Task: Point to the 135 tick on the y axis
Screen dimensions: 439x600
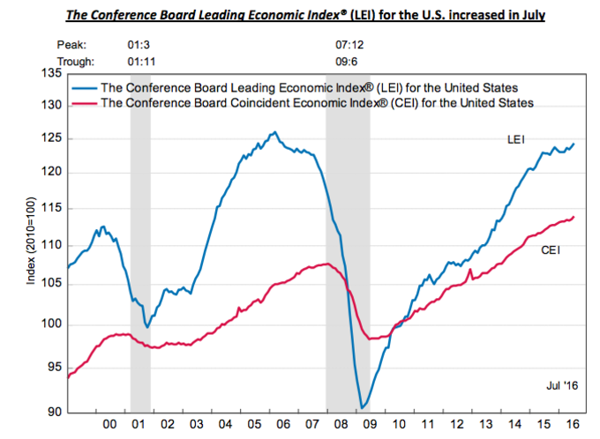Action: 50,72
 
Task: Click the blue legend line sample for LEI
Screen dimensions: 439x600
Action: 85,87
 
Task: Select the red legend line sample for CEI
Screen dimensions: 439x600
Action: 85,103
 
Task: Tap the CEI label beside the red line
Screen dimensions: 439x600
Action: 551,250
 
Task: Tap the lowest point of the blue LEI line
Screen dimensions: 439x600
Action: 362,408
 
